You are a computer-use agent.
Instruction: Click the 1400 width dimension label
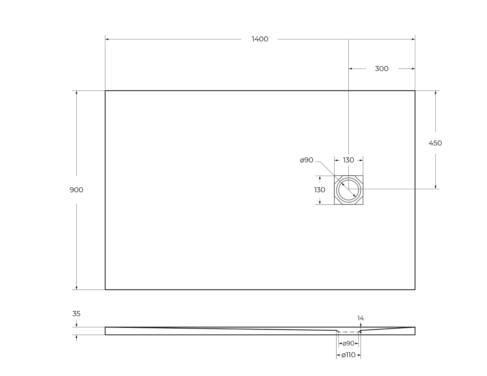[260, 39]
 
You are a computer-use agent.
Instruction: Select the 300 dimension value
[382, 69]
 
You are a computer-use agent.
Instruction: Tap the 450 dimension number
[435, 143]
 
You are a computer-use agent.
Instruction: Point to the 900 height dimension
[76, 190]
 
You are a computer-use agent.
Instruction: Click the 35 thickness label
[76, 314]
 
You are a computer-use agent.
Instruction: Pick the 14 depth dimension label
[360, 318]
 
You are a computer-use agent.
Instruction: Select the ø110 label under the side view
[348, 355]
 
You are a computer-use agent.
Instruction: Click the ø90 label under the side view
[348, 343]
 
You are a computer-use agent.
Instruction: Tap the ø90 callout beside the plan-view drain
[306, 160]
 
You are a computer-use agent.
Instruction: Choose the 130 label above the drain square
[348, 160]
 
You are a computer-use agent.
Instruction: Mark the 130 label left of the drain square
[320, 190]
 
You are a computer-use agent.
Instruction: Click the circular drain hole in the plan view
[348, 190]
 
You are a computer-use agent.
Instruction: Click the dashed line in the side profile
[348, 332]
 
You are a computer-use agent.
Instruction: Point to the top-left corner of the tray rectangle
[105, 91]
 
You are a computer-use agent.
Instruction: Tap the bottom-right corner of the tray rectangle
[415, 289]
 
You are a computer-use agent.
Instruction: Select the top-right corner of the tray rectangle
[415, 91]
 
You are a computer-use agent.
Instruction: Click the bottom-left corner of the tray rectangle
[105, 289]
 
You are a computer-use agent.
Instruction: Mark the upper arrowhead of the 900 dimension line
[76, 93]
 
